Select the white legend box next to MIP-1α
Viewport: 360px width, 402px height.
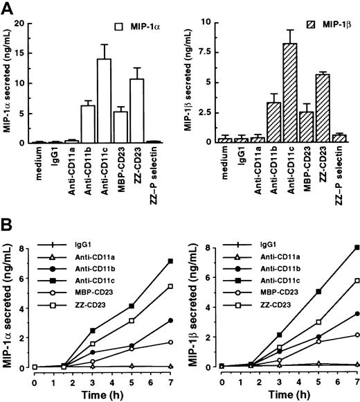point(127,26)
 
